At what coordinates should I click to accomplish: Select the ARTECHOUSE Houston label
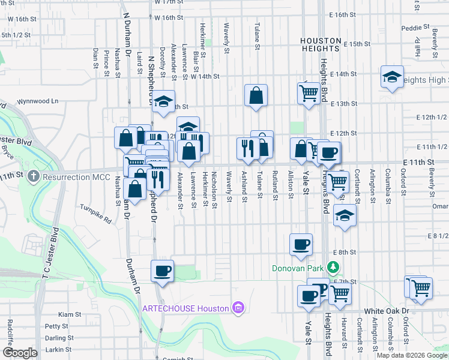pos(186,308)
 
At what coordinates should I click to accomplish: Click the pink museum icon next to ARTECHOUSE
pos(238,308)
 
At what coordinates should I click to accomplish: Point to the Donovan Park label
pos(298,268)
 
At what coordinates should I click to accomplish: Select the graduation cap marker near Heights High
pos(392,77)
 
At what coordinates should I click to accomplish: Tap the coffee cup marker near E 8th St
pos(301,244)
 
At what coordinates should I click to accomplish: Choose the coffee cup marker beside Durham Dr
pos(162,271)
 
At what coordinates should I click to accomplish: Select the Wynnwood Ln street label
pos(38,101)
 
